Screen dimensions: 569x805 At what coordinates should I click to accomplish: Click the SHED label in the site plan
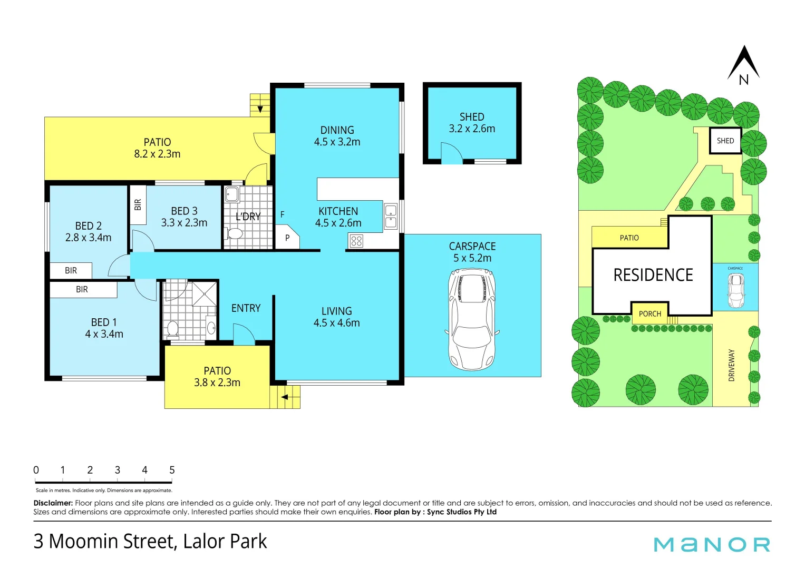click(725, 141)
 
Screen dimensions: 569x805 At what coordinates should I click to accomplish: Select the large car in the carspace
click(472, 319)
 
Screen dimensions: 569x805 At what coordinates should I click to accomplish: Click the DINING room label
click(337, 136)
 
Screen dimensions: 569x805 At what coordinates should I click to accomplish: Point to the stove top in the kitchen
click(356, 241)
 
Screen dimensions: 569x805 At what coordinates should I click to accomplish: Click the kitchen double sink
click(391, 217)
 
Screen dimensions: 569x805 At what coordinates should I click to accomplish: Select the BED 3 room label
click(184, 217)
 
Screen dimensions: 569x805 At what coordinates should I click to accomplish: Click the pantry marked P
click(287, 238)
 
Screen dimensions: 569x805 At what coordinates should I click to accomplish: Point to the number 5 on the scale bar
click(172, 470)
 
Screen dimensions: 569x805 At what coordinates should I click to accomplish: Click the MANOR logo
click(712, 544)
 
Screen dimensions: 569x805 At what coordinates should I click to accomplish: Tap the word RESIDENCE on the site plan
click(653, 275)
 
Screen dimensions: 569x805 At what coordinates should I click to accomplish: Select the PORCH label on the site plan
click(649, 313)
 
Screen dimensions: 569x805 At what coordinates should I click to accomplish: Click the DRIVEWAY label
click(731, 365)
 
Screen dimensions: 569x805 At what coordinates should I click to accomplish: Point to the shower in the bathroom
click(203, 293)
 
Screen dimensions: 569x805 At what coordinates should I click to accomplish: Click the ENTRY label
click(246, 308)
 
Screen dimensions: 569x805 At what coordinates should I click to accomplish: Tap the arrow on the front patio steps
click(285, 397)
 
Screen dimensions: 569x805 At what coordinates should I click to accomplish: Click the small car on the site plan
click(735, 290)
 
